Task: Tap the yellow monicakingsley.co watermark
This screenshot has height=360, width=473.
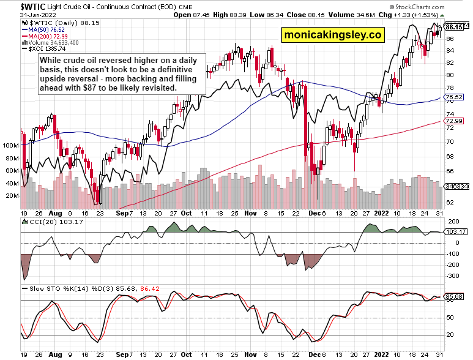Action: click(x=333, y=35)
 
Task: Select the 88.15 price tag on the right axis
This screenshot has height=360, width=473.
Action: click(x=453, y=27)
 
